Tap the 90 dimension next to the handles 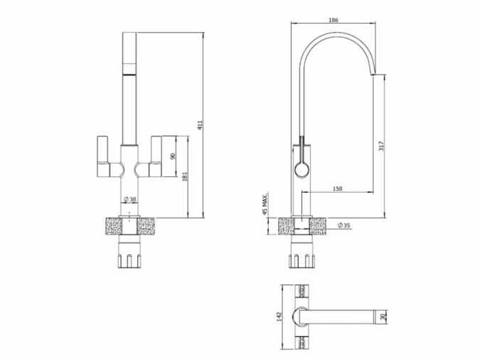174,156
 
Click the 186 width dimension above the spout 333,21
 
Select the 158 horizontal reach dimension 338,189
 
